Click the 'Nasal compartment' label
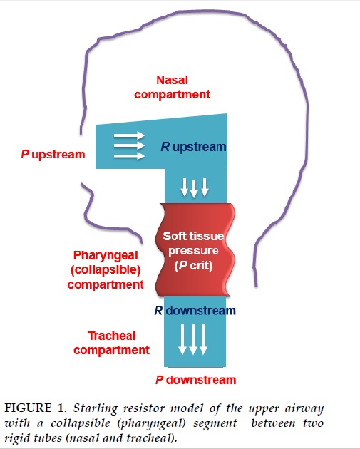[x=172, y=87]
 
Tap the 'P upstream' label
[x=53, y=155]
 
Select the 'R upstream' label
[x=193, y=147]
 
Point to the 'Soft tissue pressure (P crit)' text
[x=193, y=251]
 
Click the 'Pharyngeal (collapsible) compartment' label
[x=106, y=270]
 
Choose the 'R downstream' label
[x=195, y=311]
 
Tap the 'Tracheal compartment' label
[x=111, y=343]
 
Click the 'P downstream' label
[x=195, y=380]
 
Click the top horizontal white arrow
[x=129, y=135]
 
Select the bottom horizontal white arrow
[x=129, y=156]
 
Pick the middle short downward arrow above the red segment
[x=194, y=188]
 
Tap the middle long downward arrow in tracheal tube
[x=193, y=340]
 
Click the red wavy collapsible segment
[x=195, y=249]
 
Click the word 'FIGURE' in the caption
[x=28, y=408]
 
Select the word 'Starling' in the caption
[x=96, y=408]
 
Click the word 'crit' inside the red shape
[x=201, y=265]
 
